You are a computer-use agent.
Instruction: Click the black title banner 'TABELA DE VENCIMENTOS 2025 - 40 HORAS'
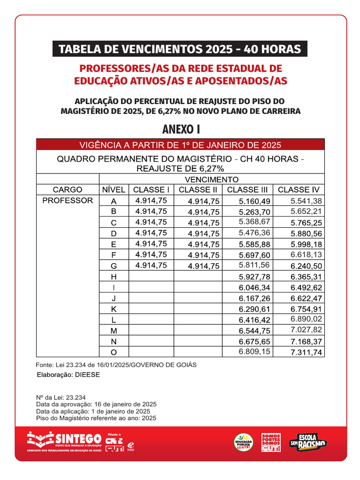point(180,49)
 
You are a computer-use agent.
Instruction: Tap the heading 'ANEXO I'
point(180,129)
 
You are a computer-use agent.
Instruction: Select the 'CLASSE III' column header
point(247,190)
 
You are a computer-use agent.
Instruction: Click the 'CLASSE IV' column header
point(299,190)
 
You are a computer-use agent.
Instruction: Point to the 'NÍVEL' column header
point(113,190)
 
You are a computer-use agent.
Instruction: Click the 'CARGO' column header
point(67,190)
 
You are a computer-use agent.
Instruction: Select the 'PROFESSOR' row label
point(67,201)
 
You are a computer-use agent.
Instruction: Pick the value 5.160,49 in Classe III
point(254,201)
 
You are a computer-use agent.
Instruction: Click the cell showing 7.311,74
point(306,352)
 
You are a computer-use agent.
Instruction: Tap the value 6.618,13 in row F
point(306,255)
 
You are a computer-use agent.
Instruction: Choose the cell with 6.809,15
point(254,352)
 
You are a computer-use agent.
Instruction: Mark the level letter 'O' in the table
point(113,352)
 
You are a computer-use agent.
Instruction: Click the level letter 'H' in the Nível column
point(113,277)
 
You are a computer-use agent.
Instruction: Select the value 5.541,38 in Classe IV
point(306,201)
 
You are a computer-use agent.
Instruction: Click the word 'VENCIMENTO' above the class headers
point(211,180)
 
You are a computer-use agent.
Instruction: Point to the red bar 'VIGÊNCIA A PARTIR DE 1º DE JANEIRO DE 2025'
point(180,144)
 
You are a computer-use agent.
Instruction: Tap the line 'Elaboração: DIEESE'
point(68,375)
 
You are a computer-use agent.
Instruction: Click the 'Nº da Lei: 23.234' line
point(61,397)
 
